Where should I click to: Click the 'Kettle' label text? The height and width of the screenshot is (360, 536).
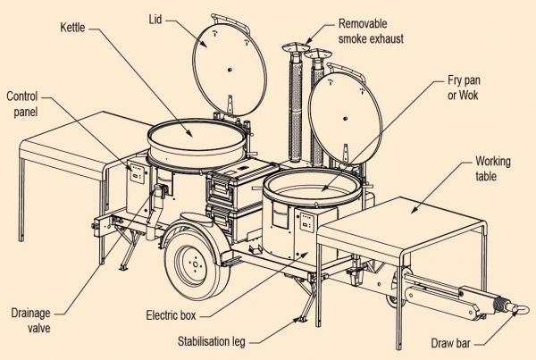tap(72, 28)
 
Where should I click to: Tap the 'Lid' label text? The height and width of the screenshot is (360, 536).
tap(155, 19)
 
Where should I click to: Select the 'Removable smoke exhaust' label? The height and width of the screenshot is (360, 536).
tap(371, 31)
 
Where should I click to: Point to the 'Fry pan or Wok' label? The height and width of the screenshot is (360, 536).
tap(464, 88)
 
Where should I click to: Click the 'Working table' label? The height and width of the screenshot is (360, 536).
tap(493, 169)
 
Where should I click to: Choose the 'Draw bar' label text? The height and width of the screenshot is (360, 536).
tap(450, 343)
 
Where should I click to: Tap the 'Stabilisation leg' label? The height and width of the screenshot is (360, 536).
tap(212, 341)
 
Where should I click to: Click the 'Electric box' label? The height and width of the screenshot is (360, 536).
tap(171, 314)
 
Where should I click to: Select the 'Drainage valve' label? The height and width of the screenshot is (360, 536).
tap(30, 321)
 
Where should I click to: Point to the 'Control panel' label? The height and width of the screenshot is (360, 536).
tap(21, 104)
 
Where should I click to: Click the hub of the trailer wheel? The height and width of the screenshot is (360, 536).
tap(195, 264)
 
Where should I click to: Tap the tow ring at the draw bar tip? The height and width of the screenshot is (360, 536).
tap(520, 309)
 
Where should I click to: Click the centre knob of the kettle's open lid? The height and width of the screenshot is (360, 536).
tap(230, 70)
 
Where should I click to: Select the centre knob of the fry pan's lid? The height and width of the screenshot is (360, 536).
tap(345, 119)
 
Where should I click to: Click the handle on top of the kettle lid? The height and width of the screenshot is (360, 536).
tap(230, 22)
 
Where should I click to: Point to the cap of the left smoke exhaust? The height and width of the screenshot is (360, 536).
tap(296, 47)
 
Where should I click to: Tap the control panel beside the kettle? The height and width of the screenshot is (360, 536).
tap(138, 172)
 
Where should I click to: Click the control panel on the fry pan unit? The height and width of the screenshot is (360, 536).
tap(306, 222)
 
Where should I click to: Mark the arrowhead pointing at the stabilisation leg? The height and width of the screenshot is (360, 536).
tap(296, 321)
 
